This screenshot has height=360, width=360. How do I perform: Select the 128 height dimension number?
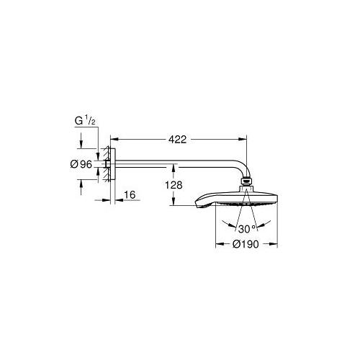click(173, 185)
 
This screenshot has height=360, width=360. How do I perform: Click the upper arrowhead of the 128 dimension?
click(173, 168)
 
